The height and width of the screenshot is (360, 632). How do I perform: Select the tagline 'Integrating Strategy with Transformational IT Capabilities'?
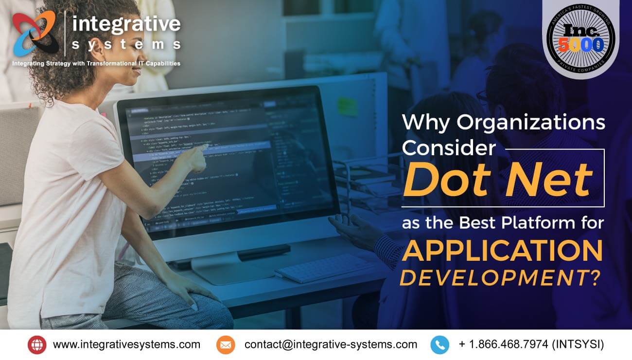point(96,63)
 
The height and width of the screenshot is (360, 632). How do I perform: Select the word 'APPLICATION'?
point(502,251)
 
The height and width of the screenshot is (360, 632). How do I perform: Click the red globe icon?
point(37,344)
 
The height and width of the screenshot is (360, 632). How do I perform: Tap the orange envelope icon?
point(226,344)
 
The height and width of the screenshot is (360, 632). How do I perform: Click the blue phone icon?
point(439,344)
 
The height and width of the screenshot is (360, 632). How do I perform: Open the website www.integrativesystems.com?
point(126,344)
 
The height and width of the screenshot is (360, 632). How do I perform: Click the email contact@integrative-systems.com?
point(331,344)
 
